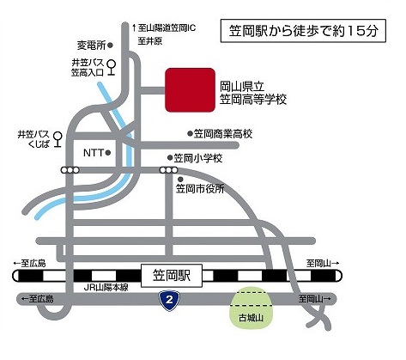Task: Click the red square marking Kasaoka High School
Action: [x=190, y=90]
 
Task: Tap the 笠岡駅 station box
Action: [x=172, y=276]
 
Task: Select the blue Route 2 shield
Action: [x=169, y=300]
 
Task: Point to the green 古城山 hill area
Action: [x=251, y=308]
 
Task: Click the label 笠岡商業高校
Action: [x=223, y=134]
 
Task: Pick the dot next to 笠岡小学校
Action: [x=170, y=157]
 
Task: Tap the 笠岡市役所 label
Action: [x=200, y=189]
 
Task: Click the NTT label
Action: [x=94, y=153]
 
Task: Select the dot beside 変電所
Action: [x=111, y=45]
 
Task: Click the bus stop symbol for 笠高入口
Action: [x=111, y=68]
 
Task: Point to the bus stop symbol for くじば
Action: [x=58, y=139]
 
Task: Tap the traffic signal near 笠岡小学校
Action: [x=168, y=170]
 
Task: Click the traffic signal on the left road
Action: [x=70, y=170]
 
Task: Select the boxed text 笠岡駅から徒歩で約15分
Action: [x=303, y=31]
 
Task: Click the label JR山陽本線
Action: [x=106, y=288]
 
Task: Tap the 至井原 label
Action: [x=150, y=41]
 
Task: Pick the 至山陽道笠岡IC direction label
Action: [x=165, y=28]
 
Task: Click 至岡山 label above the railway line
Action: [x=323, y=263]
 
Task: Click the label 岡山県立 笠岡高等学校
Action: [x=253, y=93]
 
